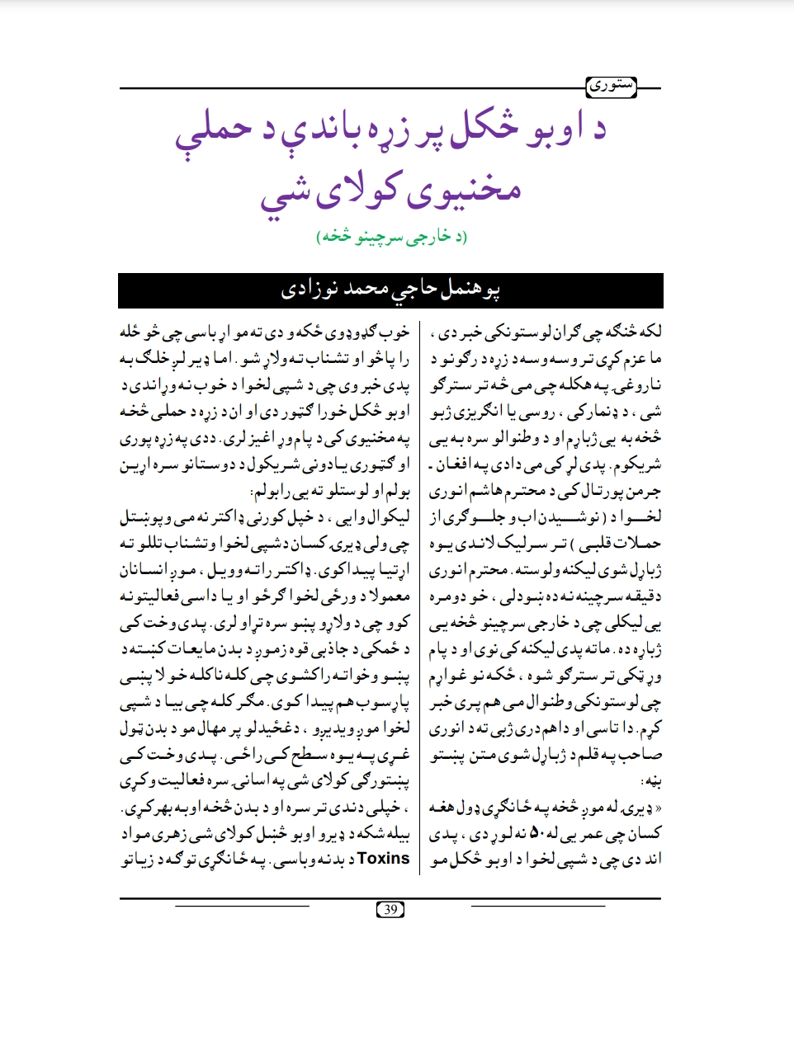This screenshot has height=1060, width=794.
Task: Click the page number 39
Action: [390, 910]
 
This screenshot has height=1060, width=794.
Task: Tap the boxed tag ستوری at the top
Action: [611, 86]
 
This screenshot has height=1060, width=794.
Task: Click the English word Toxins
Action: [383, 859]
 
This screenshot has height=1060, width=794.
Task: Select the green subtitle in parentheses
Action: [391, 238]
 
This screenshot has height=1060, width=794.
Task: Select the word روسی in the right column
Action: [536, 411]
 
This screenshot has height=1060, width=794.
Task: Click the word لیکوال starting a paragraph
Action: [388, 518]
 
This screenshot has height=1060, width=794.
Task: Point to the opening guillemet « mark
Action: [657, 808]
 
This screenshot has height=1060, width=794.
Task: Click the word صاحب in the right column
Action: [645, 754]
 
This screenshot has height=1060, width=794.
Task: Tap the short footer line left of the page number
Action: [242, 906]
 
